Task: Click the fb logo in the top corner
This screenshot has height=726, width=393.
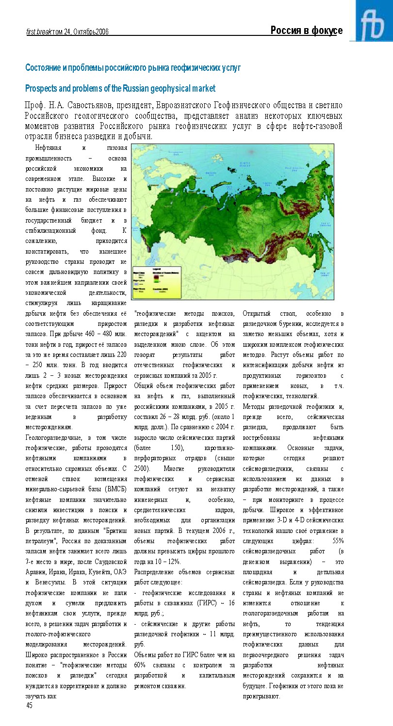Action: pyautogui.click(x=374, y=22)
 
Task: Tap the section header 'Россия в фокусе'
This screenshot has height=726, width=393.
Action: pyautogui.click(x=307, y=31)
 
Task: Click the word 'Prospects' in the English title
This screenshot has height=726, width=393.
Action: pyautogui.click(x=42, y=89)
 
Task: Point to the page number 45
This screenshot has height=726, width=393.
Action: pyautogui.click(x=29, y=706)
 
